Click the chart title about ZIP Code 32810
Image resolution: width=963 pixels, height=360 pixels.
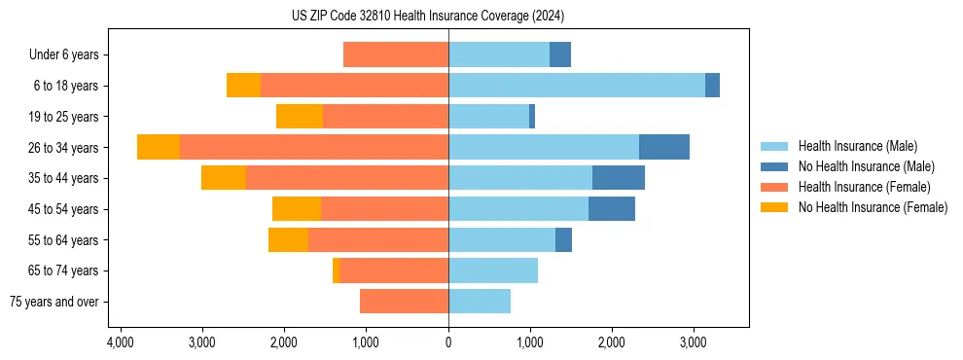pos(427,17)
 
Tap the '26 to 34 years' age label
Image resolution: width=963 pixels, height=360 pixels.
pos(64,148)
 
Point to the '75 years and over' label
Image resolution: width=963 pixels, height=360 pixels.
pos(54,302)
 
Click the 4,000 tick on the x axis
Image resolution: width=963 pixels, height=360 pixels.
pos(121,342)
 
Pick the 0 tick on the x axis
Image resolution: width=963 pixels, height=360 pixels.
pos(448,342)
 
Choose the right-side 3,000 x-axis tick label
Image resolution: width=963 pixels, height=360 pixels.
pos(693,342)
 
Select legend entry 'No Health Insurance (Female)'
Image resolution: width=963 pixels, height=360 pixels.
pos(873,207)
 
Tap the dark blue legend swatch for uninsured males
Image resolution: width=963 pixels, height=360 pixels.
pos(775,166)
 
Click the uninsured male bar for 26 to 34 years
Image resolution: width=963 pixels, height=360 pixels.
pos(664,147)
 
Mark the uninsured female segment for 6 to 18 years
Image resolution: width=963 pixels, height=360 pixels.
pos(243,86)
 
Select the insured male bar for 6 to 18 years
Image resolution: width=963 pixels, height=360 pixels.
pos(577,86)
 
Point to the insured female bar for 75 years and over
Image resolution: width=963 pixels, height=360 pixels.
pos(404,302)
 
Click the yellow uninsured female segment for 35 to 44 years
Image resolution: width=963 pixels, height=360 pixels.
pos(224,178)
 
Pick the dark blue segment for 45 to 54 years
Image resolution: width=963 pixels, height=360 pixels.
pos(612,209)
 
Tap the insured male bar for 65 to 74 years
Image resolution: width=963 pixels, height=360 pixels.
pos(493,270)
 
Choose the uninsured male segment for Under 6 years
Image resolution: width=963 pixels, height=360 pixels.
pos(560,55)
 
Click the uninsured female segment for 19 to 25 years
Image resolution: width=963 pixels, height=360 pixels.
pos(300,117)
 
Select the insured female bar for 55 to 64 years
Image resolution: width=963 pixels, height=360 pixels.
pos(378,240)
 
